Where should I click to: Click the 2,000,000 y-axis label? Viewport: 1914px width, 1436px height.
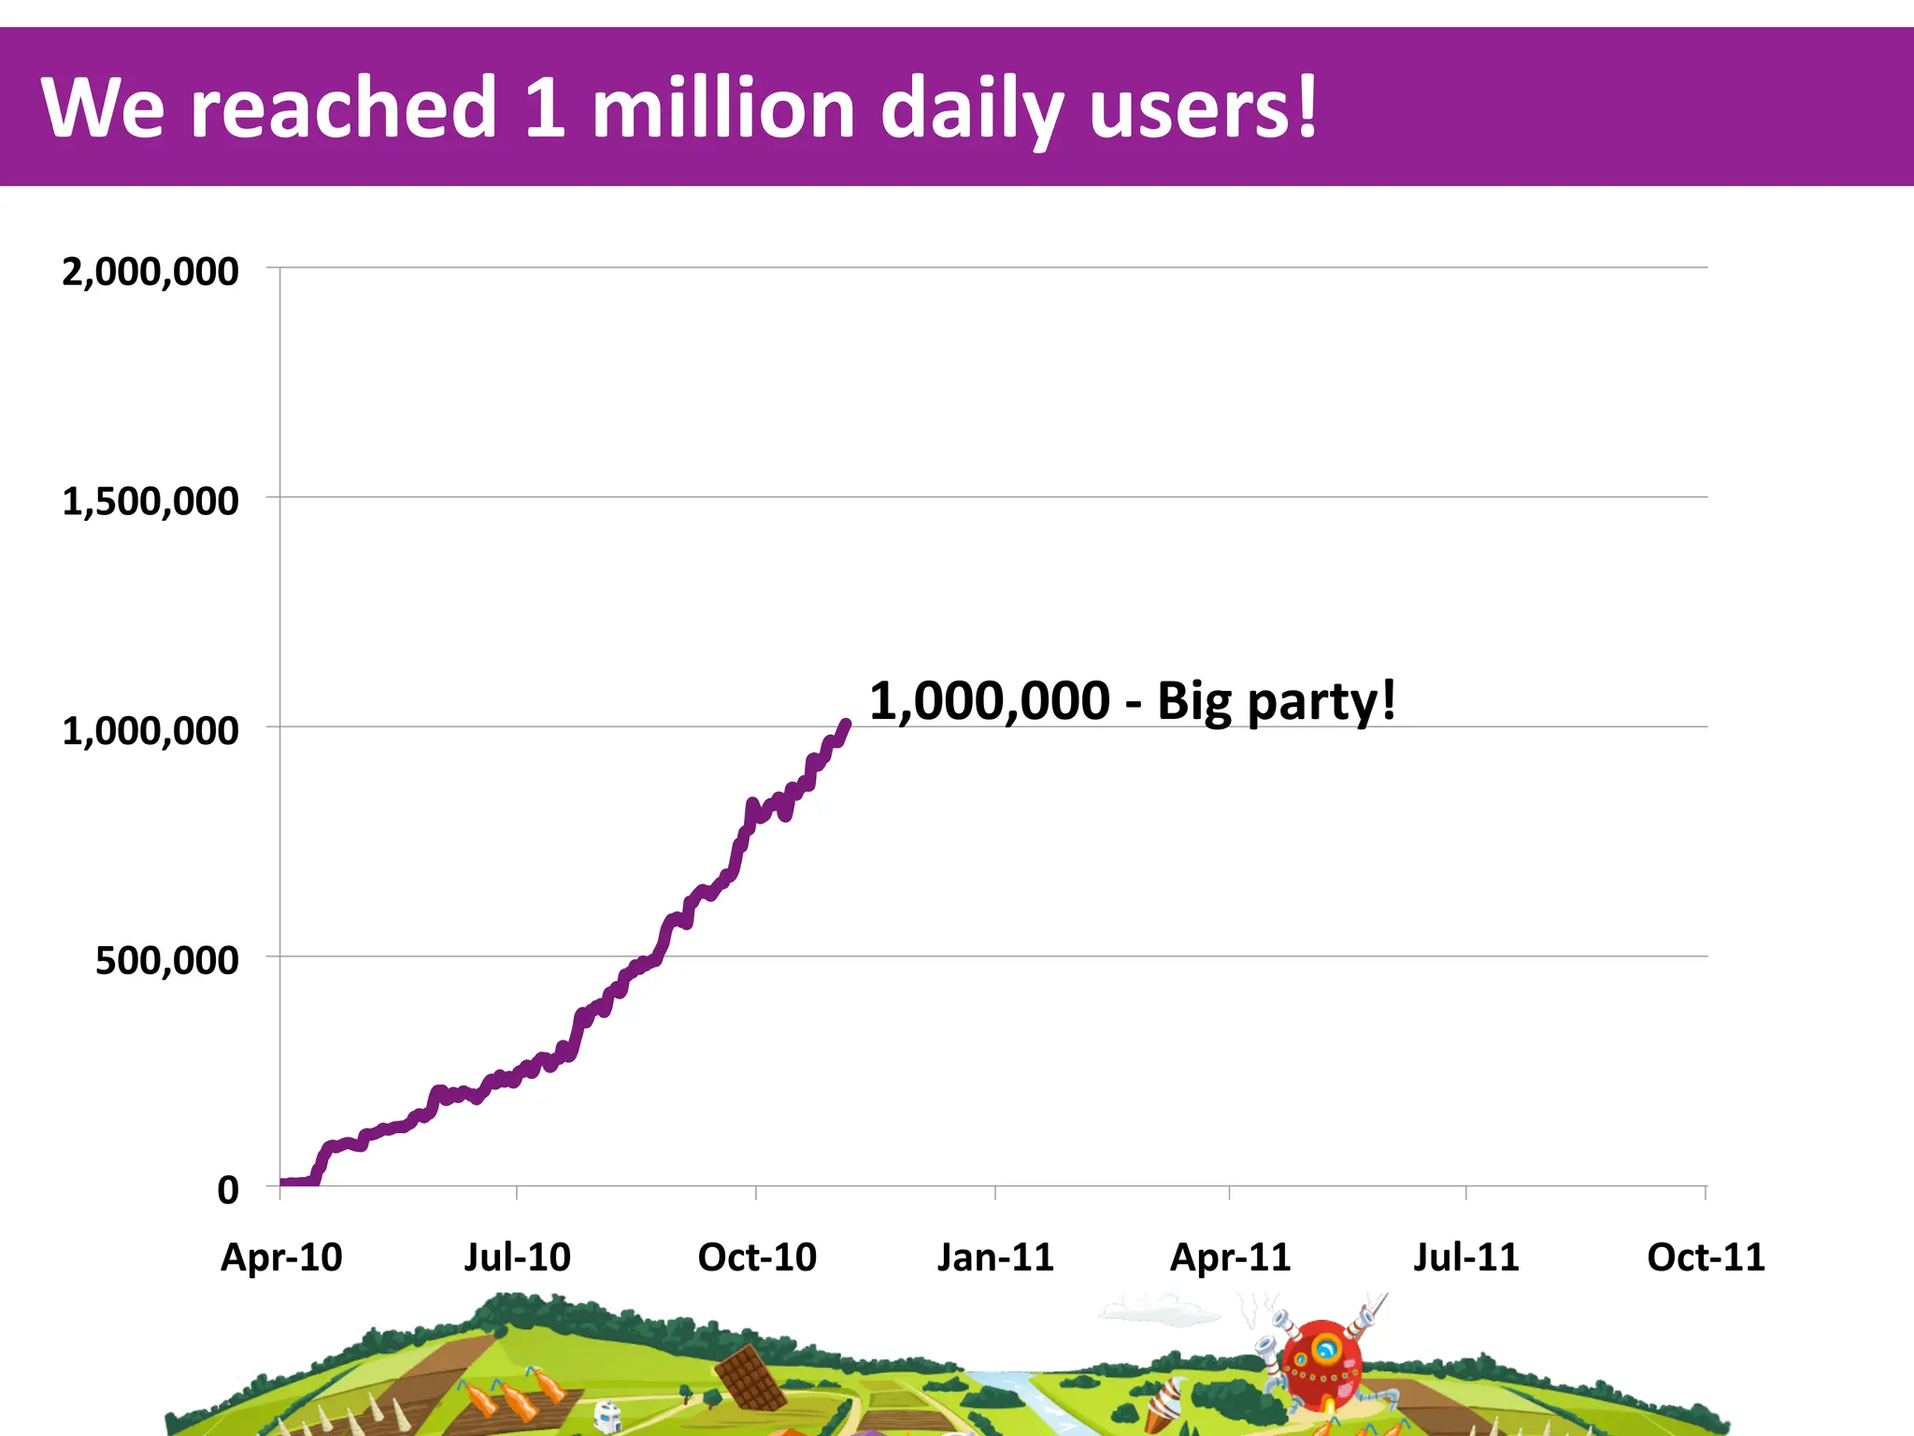click(x=150, y=272)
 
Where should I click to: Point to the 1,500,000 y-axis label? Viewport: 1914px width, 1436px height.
click(x=150, y=502)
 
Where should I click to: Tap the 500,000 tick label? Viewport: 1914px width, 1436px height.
click(x=166, y=961)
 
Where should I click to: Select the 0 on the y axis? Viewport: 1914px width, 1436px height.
click(x=227, y=1191)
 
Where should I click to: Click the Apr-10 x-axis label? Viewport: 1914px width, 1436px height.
click(x=280, y=1257)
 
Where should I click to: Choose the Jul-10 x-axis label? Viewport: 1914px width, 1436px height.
click(x=517, y=1257)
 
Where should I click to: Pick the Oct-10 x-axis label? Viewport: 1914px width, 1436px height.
click(x=757, y=1257)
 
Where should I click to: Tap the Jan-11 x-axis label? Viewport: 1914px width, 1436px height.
click(x=995, y=1257)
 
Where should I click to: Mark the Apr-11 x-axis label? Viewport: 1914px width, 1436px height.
click(x=1230, y=1257)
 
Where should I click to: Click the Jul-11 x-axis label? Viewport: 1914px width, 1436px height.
click(x=1465, y=1257)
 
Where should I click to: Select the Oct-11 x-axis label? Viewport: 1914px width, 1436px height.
click(x=1706, y=1257)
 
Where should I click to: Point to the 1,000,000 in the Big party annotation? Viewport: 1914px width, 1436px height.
click(x=989, y=701)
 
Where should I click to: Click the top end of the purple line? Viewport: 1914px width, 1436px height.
click(x=847, y=723)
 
